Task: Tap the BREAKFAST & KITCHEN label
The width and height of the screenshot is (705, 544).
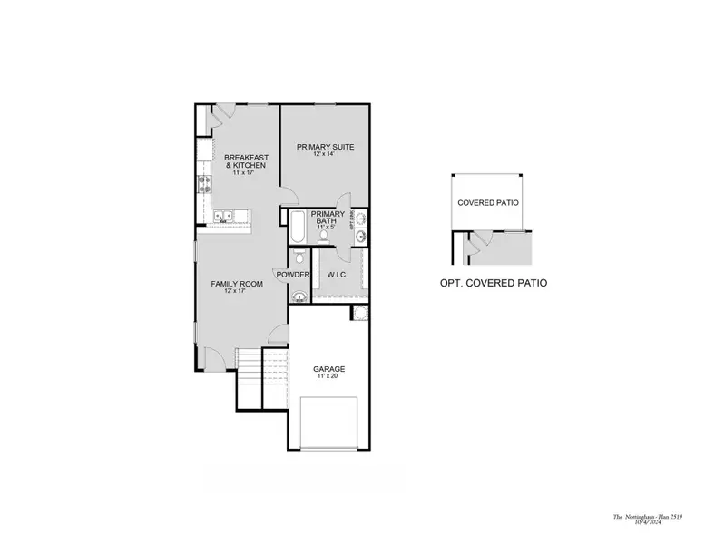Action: [x=245, y=161]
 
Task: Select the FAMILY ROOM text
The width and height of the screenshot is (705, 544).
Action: [x=237, y=284]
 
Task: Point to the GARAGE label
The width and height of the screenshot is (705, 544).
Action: [x=328, y=369]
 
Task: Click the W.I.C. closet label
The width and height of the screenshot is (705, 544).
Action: [x=337, y=275]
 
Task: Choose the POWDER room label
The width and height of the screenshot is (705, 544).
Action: [x=294, y=275]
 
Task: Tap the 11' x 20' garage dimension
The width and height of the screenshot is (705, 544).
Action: [x=328, y=377]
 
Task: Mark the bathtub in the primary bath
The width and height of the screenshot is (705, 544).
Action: [x=299, y=226]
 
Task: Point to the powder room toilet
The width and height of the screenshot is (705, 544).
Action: [x=299, y=257]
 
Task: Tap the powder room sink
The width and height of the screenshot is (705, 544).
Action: [x=299, y=295]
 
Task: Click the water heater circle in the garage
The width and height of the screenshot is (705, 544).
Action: [x=360, y=314]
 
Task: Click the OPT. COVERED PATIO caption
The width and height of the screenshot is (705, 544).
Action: [x=493, y=283]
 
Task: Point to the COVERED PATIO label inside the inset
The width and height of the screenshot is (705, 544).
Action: [x=488, y=203]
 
